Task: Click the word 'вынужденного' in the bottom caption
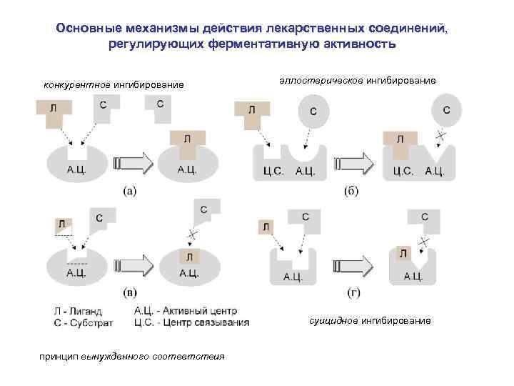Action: pyautogui.click(x=113, y=356)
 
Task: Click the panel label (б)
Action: pyautogui.click(x=351, y=191)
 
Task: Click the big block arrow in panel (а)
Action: pyautogui.click(x=133, y=163)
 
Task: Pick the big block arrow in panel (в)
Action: pyautogui.click(x=133, y=265)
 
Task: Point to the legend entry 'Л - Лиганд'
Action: pyautogui.click(x=79, y=311)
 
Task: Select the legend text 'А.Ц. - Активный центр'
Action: pyautogui.click(x=186, y=311)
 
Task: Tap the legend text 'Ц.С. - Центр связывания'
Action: pyautogui.click(x=191, y=322)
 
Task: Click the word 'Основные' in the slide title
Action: pyautogui.click(x=89, y=29)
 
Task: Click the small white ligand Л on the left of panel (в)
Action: pyautogui.click(x=62, y=224)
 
